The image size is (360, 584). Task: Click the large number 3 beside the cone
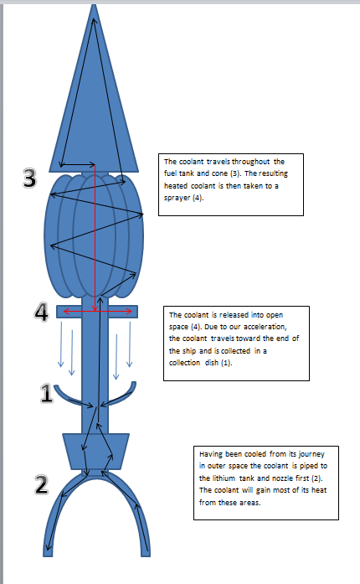(30, 178)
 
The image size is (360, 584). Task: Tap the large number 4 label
(41, 312)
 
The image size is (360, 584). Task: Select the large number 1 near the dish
(46, 393)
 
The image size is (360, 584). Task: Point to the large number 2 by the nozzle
(41, 484)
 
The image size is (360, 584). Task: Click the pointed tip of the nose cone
(94, 5)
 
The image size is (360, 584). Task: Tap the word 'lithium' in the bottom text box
(224, 478)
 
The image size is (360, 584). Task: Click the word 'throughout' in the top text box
(250, 162)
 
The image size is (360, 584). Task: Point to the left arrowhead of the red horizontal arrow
(66, 311)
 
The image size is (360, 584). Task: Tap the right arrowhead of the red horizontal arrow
(129, 311)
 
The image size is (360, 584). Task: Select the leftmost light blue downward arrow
(60, 344)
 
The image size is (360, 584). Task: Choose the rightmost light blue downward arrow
(130, 344)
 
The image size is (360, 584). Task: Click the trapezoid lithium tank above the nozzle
(95, 451)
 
